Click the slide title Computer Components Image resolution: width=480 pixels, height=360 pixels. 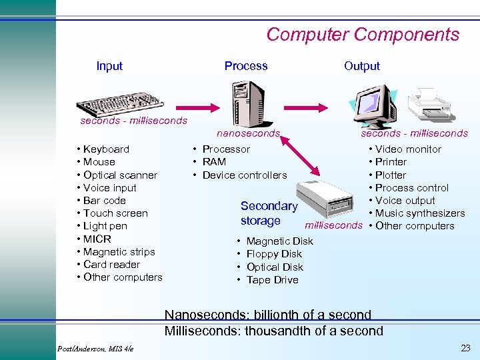(x=363, y=34)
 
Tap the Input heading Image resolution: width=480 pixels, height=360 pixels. (x=109, y=66)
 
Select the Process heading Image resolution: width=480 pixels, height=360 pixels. (x=246, y=66)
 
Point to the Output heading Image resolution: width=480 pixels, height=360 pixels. (x=362, y=66)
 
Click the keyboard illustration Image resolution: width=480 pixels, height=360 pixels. (x=120, y=103)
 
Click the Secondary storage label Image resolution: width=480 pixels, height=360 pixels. (x=268, y=213)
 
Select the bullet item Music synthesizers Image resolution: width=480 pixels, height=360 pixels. (x=419, y=213)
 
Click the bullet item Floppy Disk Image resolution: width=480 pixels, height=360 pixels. (x=274, y=254)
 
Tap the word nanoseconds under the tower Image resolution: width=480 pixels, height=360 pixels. (x=248, y=133)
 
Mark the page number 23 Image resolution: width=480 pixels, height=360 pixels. (x=465, y=348)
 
